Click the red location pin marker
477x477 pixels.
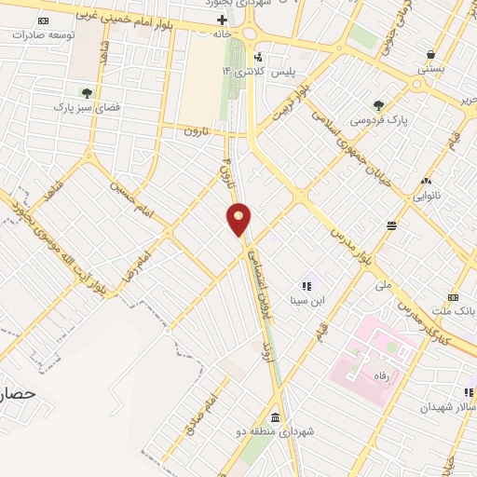[x=239, y=219]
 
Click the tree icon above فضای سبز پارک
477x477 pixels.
[x=86, y=92]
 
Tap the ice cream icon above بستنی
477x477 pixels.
[x=429, y=54]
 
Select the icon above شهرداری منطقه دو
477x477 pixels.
[x=275, y=416]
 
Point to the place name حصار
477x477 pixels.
[x=17, y=394]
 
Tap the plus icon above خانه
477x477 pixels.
[x=222, y=18]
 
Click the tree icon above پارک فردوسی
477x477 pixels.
[x=379, y=105]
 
